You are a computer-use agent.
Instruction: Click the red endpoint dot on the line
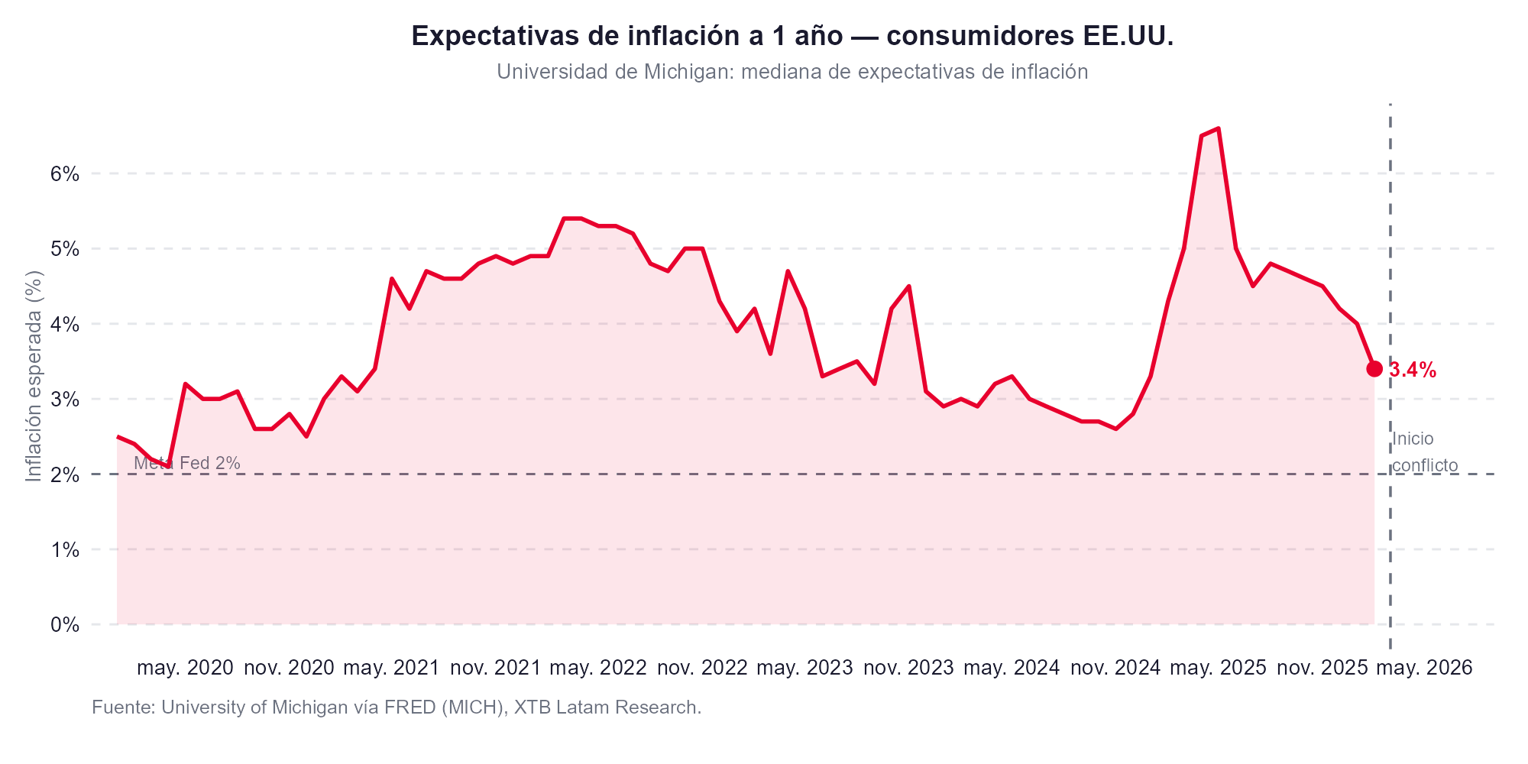[x=1374, y=369]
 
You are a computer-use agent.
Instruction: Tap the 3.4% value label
[x=1413, y=371]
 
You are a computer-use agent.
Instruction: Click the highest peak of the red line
[x=1218, y=128]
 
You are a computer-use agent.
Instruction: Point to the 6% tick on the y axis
[x=65, y=173]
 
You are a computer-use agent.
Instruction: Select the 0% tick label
[x=65, y=625]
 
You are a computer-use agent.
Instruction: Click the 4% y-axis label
[x=65, y=324]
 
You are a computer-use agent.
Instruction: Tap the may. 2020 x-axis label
[x=185, y=668]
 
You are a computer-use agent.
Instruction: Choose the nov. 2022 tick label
[x=702, y=668]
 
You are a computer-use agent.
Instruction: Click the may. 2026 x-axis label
[x=1424, y=668]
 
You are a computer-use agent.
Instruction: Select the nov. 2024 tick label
[x=1115, y=668]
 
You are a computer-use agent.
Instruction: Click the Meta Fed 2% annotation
[x=187, y=463]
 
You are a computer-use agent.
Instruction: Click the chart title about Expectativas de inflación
[x=792, y=36]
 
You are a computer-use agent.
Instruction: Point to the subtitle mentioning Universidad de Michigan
[x=792, y=72]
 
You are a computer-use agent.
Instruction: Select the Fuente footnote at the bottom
[x=397, y=707]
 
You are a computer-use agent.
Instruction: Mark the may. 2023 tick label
[x=804, y=668]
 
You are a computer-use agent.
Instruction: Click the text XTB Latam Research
[x=607, y=707]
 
